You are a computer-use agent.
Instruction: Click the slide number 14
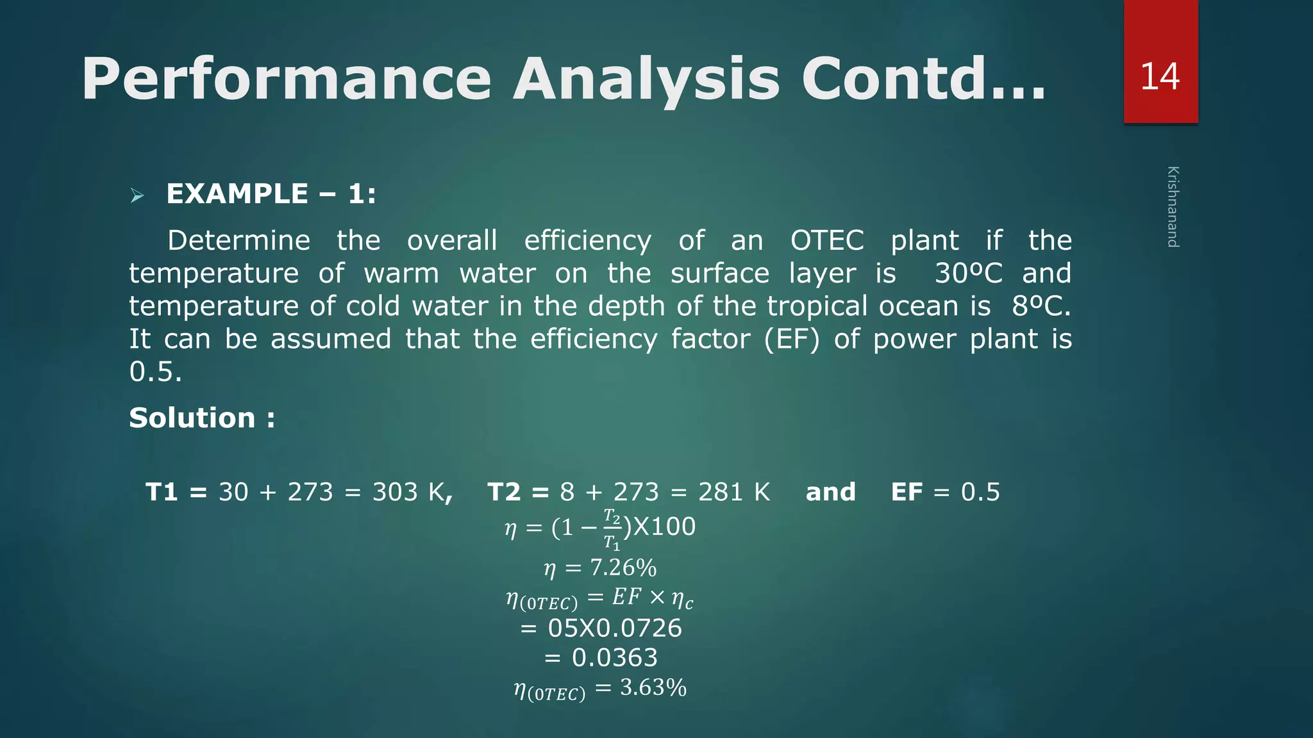pyautogui.click(x=1159, y=77)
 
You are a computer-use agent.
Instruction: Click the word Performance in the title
pyautogui.click(x=286, y=79)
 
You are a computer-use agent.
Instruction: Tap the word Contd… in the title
pyautogui.click(x=923, y=79)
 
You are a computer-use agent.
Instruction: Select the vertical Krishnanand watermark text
pyautogui.click(x=1172, y=206)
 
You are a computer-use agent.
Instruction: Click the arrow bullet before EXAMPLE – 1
pyautogui.click(x=137, y=195)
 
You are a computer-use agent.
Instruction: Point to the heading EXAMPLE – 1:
pyautogui.click(x=271, y=194)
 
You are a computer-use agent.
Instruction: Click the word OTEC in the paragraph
pyautogui.click(x=826, y=241)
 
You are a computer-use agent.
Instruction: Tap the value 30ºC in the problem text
pyautogui.click(x=967, y=274)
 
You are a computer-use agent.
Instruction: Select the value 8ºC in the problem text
pyautogui.click(x=1040, y=306)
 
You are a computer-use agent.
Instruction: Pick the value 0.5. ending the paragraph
pyautogui.click(x=155, y=372)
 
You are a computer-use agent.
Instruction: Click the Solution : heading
pyautogui.click(x=202, y=418)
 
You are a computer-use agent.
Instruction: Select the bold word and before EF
pyautogui.click(x=830, y=492)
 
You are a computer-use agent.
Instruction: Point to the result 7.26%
pyautogui.click(x=623, y=568)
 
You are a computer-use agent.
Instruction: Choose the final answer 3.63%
pyautogui.click(x=653, y=688)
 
